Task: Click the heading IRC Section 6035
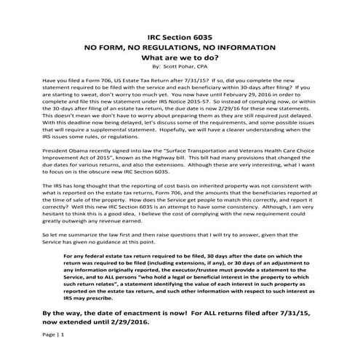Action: click(179, 35)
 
